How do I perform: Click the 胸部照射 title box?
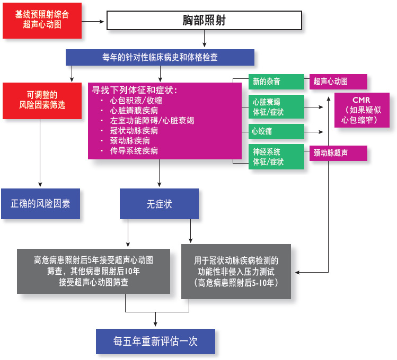point(204,21)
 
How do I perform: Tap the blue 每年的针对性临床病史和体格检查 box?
point(160,57)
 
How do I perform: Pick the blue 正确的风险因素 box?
point(40,203)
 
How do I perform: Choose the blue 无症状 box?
point(159,204)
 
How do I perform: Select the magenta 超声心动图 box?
point(338,82)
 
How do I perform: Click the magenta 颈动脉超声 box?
point(338,153)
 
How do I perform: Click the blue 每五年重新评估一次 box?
point(155,341)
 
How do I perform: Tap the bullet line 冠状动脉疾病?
point(133,130)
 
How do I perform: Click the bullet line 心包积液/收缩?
point(136,100)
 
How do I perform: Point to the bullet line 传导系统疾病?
point(133,150)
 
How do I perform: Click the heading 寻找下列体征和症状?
point(134,89)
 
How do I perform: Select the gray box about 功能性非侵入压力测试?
point(236,272)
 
